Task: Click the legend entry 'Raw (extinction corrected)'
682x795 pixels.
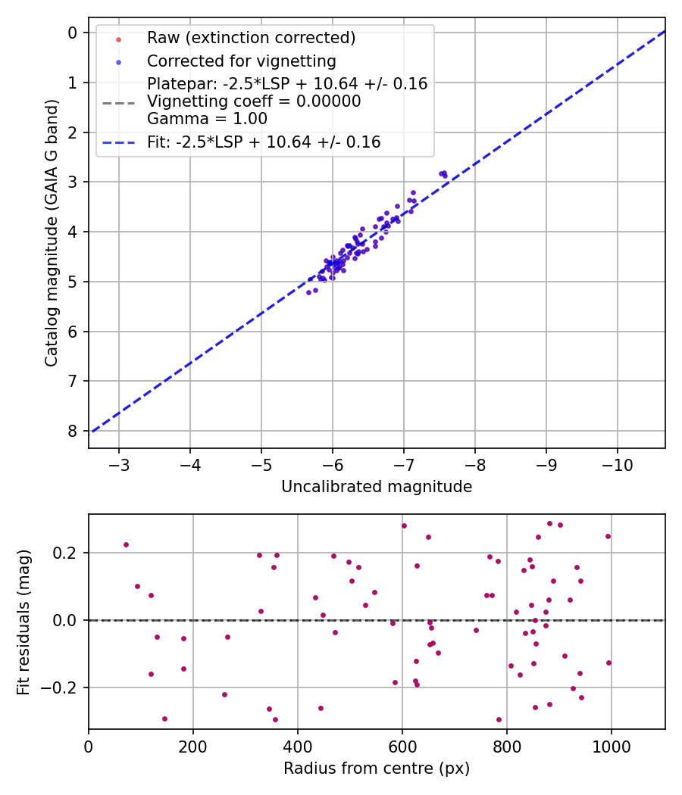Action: click(251, 37)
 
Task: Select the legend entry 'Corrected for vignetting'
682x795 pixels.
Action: click(241, 61)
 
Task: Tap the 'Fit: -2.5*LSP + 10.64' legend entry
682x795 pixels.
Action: click(264, 142)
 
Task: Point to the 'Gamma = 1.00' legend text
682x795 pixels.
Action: click(207, 118)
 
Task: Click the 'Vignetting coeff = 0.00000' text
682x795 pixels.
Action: click(254, 101)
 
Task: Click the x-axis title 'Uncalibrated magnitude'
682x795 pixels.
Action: click(377, 487)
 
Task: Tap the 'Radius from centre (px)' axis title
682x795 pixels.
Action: click(377, 768)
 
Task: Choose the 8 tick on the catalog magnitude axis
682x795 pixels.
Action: click(73, 431)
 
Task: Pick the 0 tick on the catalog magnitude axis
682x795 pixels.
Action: click(73, 33)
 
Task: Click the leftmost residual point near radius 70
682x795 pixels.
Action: click(126, 544)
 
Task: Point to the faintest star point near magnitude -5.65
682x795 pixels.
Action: click(308, 292)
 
